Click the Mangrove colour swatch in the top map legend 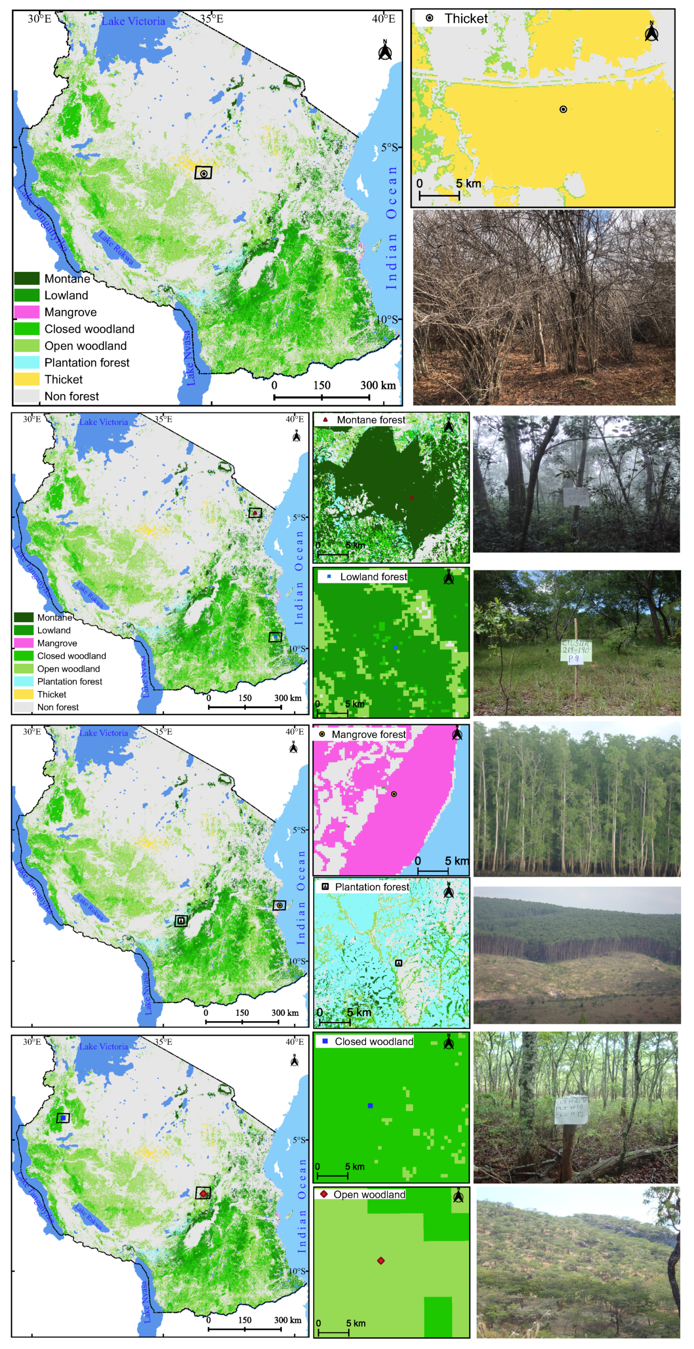click(x=27, y=312)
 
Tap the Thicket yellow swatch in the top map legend click(x=27, y=379)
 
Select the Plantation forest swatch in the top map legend click(x=27, y=362)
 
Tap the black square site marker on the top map click(x=203, y=173)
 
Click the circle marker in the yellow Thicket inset click(x=563, y=109)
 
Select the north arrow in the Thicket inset click(x=651, y=31)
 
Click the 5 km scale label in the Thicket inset click(x=468, y=184)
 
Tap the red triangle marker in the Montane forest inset click(x=412, y=497)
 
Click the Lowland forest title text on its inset click(x=374, y=576)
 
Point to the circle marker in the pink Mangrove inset click(x=394, y=794)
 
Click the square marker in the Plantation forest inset click(x=398, y=962)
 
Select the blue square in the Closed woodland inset click(x=370, y=1105)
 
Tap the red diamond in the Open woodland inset click(x=381, y=1260)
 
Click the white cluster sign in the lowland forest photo click(x=575, y=651)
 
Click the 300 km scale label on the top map click(x=377, y=386)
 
